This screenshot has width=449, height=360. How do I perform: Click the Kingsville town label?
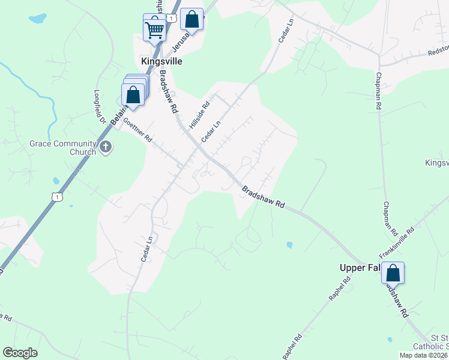tap(161, 61)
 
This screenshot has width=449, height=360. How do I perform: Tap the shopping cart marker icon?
tap(155, 28)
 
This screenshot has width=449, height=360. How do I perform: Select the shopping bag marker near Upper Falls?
tap(393, 274)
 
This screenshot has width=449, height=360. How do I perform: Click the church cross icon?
tap(106, 147)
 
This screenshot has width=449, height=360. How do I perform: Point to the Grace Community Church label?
tap(63, 148)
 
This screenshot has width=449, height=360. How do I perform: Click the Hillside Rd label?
tap(199, 114)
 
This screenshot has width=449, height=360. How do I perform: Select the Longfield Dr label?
tap(99, 108)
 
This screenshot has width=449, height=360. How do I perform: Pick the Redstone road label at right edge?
tap(437, 52)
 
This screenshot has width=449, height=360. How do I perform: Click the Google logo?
tap(20, 353)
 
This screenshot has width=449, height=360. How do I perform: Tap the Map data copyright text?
tap(423, 355)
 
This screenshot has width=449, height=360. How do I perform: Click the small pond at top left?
tap(37, 19)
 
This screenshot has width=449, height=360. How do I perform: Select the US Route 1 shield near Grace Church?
tap(56, 196)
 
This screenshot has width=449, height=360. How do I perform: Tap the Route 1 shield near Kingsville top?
tap(172, 19)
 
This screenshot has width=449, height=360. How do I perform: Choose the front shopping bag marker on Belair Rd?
tap(133, 95)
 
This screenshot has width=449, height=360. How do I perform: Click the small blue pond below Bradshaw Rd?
tap(290, 245)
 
